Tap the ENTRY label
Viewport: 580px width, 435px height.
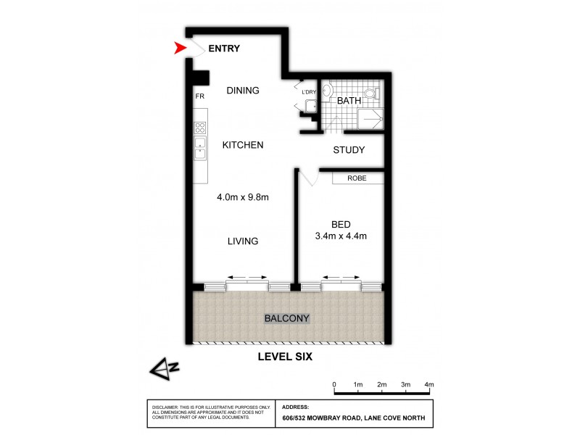click(224, 49)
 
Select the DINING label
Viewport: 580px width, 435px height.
click(243, 91)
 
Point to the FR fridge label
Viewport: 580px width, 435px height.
click(199, 96)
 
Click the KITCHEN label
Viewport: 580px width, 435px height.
click(242, 145)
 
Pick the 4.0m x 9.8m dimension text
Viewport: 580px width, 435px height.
click(243, 196)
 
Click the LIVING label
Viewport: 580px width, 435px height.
click(242, 241)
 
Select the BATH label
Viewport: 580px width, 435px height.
click(349, 101)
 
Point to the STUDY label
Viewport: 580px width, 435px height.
click(348, 151)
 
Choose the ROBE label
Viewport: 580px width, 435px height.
click(356, 178)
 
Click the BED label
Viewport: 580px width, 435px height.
click(340, 224)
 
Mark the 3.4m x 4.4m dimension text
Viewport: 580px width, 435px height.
click(340, 236)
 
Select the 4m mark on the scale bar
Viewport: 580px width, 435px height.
click(429, 384)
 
